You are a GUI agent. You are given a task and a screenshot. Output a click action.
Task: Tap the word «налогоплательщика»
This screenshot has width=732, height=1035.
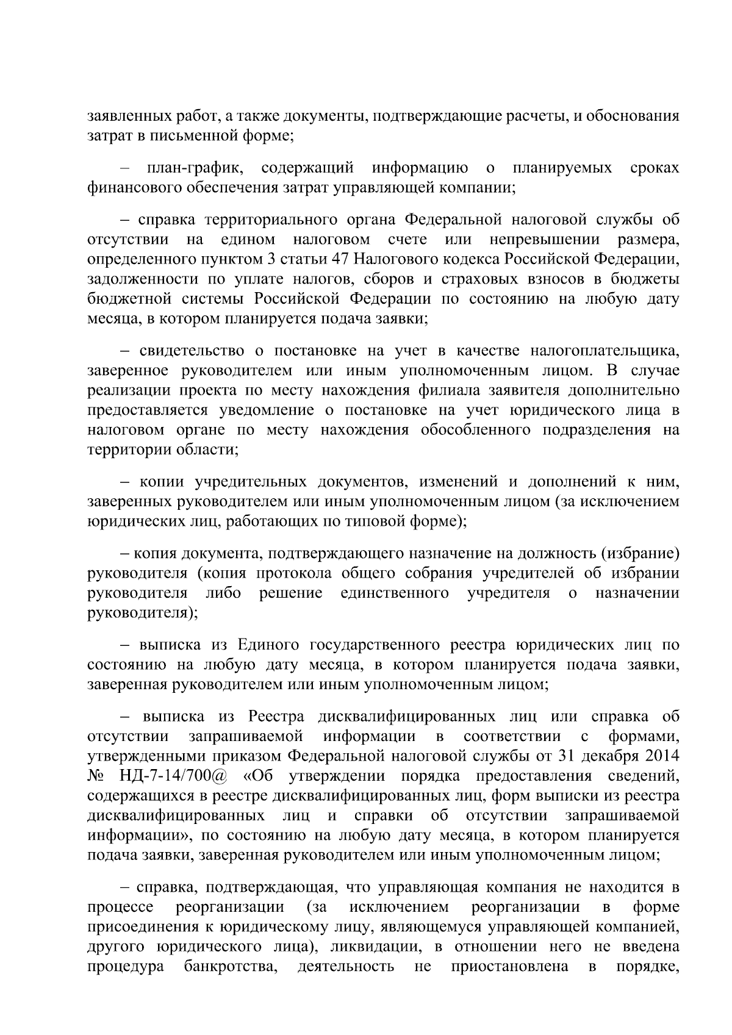pos(605,351)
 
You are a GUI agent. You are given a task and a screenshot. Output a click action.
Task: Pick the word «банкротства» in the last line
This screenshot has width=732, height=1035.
pos(231,983)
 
